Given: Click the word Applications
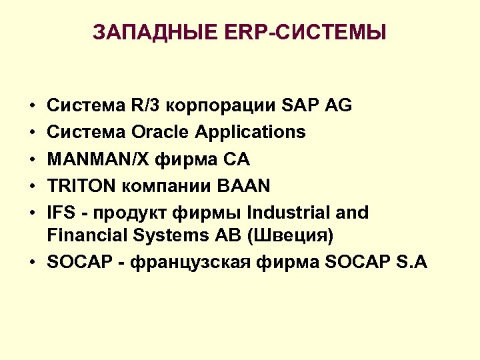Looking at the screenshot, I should tap(250, 133).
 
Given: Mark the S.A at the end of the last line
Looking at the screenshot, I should tap(412, 262).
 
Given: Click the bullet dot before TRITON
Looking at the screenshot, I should tap(32, 187).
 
